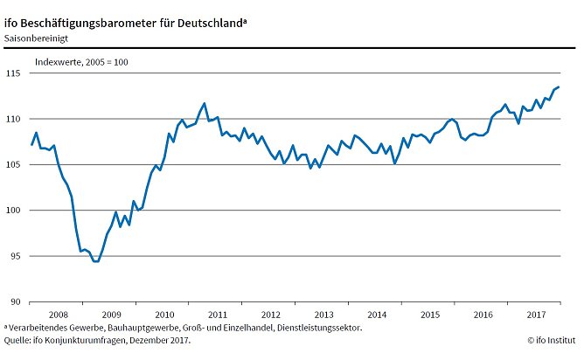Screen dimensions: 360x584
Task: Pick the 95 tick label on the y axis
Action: coord(13,256)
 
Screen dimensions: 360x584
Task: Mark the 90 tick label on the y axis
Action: coord(13,302)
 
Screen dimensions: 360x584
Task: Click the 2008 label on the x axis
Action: coord(58,314)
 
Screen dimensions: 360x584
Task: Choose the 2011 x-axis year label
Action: coord(218,314)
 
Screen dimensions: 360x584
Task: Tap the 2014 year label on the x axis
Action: coord(378,314)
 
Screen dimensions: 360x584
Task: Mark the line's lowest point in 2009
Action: coord(96,261)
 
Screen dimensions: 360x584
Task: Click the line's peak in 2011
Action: coord(204,103)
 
